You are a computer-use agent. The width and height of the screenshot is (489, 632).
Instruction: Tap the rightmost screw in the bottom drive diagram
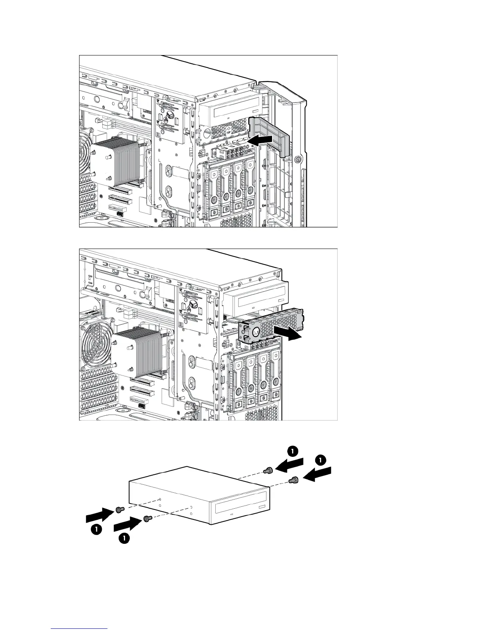coord(295,480)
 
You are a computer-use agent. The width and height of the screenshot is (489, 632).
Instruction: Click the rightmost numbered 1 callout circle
coord(320,460)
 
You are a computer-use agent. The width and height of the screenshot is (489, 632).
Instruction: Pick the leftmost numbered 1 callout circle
coord(95,529)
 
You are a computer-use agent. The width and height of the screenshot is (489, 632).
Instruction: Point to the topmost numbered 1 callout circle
coord(292,451)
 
